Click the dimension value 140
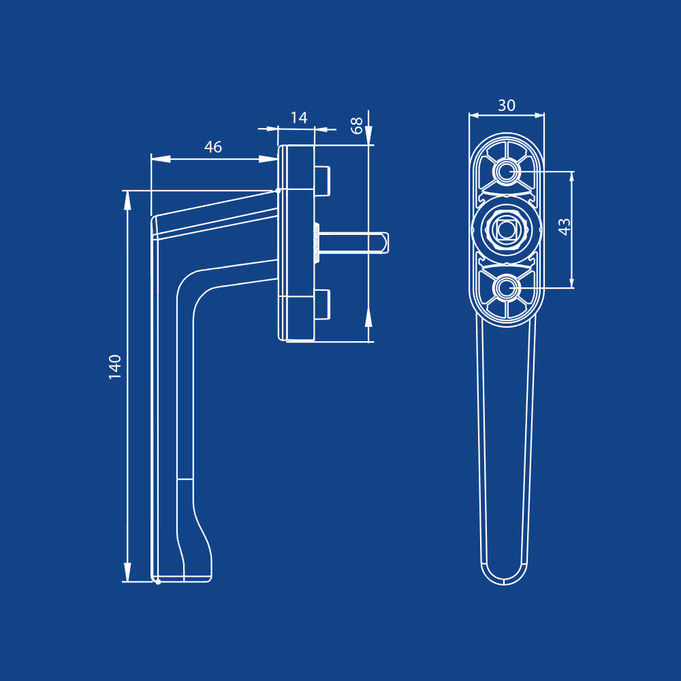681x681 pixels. (115, 367)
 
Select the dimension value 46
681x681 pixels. (213, 147)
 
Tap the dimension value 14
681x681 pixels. (299, 118)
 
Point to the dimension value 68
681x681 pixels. (357, 125)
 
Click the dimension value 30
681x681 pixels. (507, 105)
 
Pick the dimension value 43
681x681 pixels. (564, 227)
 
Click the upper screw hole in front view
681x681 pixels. (506, 172)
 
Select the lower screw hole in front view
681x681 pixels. (506, 287)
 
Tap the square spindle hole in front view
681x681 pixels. (506, 229)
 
